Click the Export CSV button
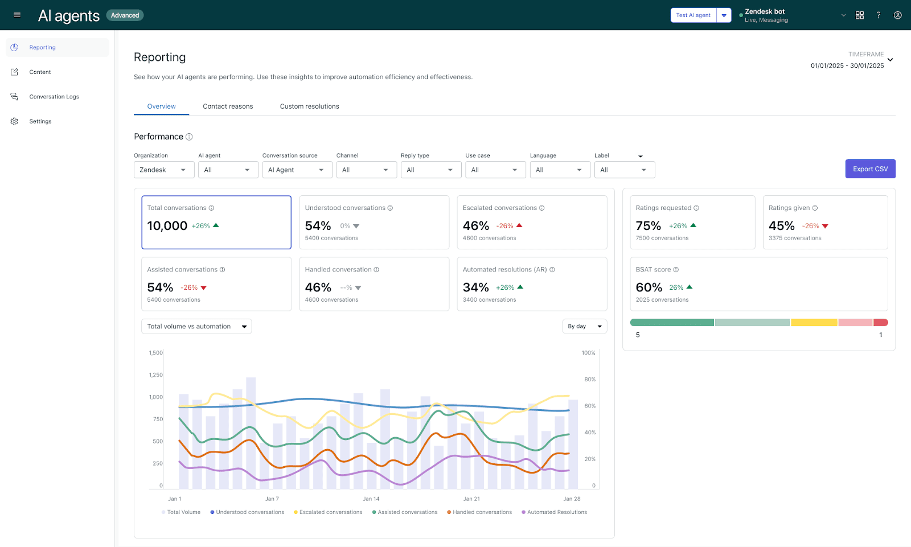(870, 169)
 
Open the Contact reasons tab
(228, 106)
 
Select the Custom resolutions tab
(309, 106)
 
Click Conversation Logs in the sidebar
(54, 97)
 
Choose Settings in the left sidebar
(40, 121)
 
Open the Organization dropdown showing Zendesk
(164, 170)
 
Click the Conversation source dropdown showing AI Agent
(297, 170)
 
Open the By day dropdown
(584, 326)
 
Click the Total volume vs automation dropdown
(196, 326)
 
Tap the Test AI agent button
(693, 15)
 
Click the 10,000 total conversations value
(167, 226)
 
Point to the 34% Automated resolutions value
(476, 287)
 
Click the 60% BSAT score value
(649, 287)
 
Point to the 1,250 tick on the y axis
(156, 375)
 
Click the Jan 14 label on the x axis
(371, 499)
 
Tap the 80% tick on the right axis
(590, 379)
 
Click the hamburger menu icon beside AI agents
(17, 15)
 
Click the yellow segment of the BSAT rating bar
(814, 323)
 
